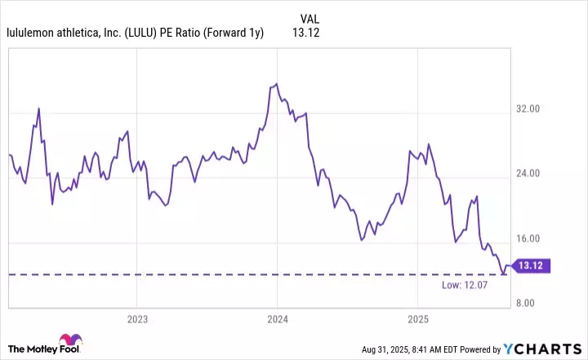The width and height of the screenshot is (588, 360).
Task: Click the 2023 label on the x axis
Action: [x=136, y=318]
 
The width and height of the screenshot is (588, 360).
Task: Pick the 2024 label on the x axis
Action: [x=277, y=318]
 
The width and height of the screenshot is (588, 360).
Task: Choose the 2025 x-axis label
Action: [x=417, y=318]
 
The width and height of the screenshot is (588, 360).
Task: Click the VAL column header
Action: [x=310, y=18]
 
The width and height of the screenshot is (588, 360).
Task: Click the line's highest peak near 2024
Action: [x=277, y=83]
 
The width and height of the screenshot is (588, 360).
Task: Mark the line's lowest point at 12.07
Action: [x=503, y=274]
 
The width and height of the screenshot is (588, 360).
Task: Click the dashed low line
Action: [x=245, y=274]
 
